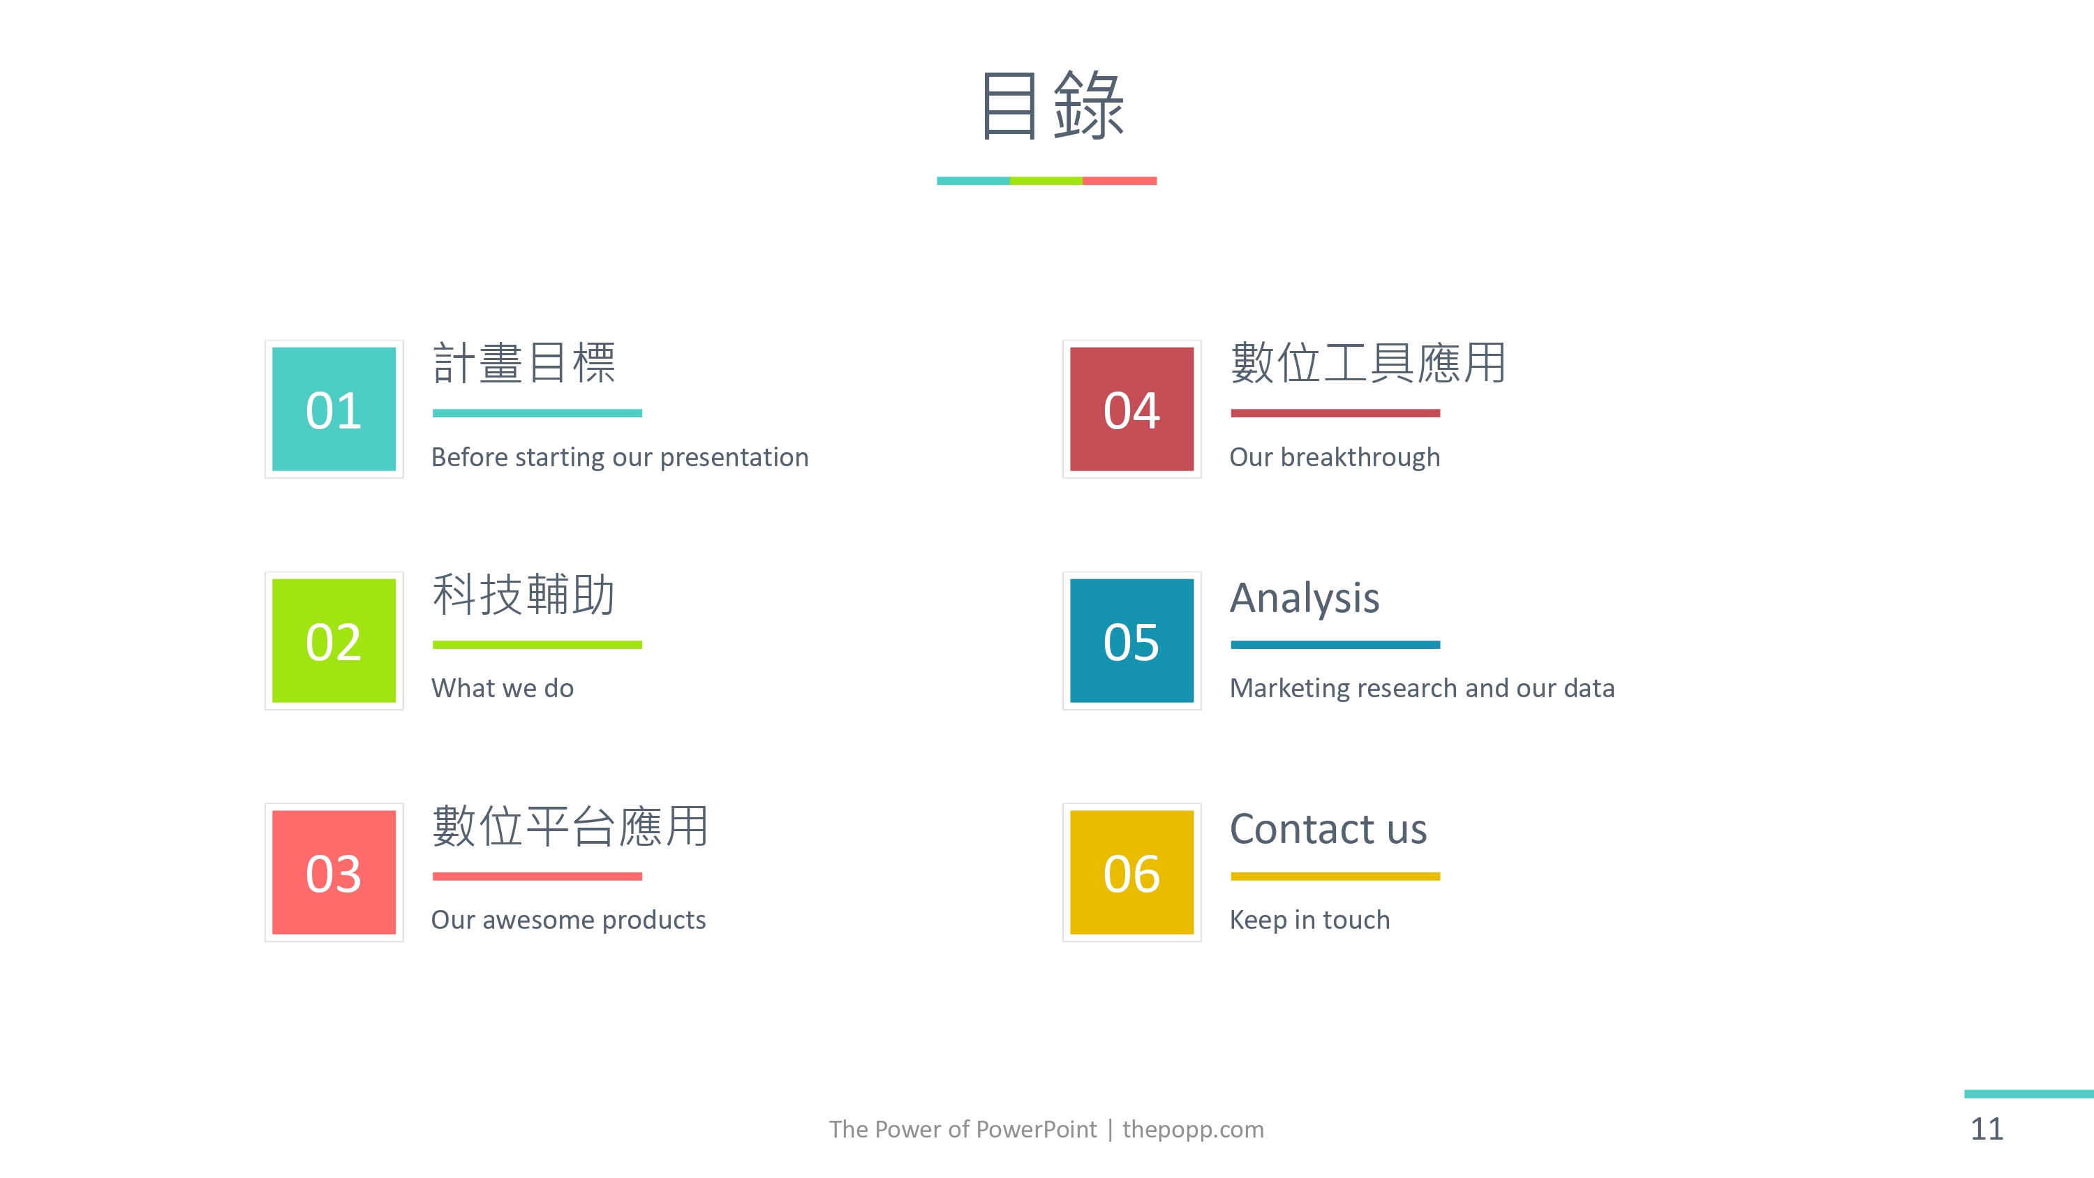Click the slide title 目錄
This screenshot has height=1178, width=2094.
1052,105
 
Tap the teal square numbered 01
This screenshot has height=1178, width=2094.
334,409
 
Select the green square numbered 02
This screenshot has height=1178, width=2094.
334,641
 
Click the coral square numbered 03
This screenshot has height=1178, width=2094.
334,872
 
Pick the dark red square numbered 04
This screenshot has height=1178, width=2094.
1131,409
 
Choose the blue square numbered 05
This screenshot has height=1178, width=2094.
1131,641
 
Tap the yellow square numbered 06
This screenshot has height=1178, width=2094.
1131,872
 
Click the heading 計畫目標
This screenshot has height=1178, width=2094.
524,363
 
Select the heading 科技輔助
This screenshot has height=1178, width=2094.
524,595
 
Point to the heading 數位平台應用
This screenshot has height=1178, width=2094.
571,826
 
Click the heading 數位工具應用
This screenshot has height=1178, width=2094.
1369,363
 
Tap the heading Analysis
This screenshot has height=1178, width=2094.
1305,598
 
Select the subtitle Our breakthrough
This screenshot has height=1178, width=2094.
1335,457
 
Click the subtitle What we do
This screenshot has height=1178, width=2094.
503,688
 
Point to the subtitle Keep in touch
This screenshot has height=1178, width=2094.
1309,920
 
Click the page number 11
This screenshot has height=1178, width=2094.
1987,1129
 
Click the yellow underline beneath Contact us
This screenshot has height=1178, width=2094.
1335,877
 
